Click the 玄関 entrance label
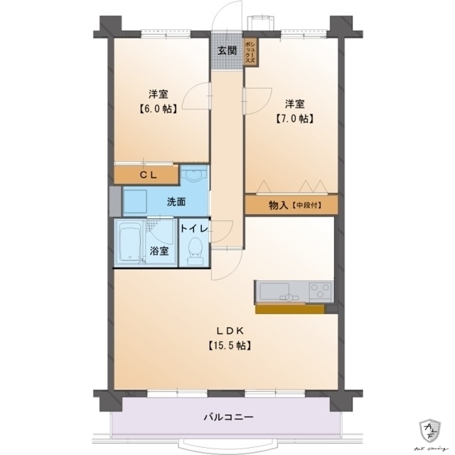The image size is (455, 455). click(x=227, y=50)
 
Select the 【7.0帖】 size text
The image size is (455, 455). click(x=294, y=119)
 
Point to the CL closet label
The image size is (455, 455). click(x=147, y=174)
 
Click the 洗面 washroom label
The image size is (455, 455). click(x=176, y=201)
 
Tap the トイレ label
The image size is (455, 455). click(x=193, y=228)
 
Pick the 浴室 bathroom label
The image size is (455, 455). click(x=159, y=250)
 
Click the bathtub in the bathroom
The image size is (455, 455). click(x=131, y=242)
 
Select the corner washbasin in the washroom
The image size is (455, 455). click(x=193, y=178)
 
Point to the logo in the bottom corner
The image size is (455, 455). click(x=431, y=431)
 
